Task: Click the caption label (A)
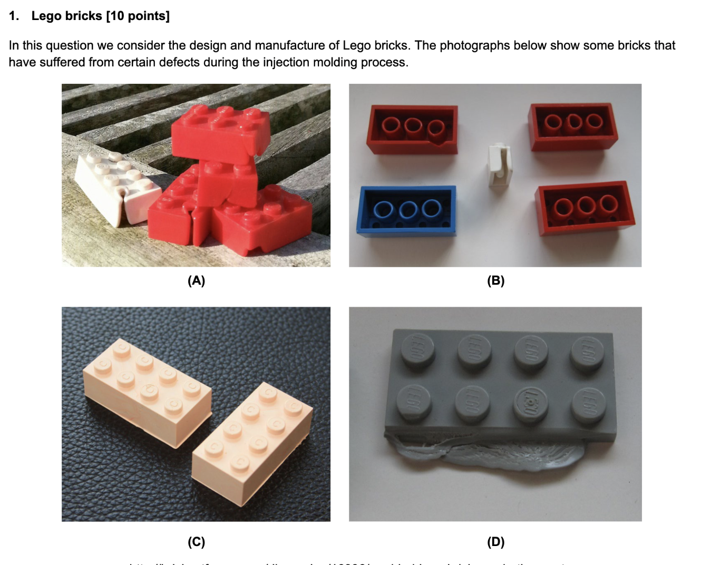pyautogui.click(x=196, y=280)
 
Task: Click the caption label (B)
pyautogui.click(x=495, y=280)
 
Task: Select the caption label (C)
pyautogui.click(x=196, y=541)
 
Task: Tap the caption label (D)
pyautogui.click(x=495, y=541)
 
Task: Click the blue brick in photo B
pyautogui.click(x=406, y=210)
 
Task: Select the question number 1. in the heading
pyautogui.click(x=14, y=16)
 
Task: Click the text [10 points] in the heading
pyautogui.click(x=138, y=16)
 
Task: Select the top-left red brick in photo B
pyautogui.click(x=412, y=129)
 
